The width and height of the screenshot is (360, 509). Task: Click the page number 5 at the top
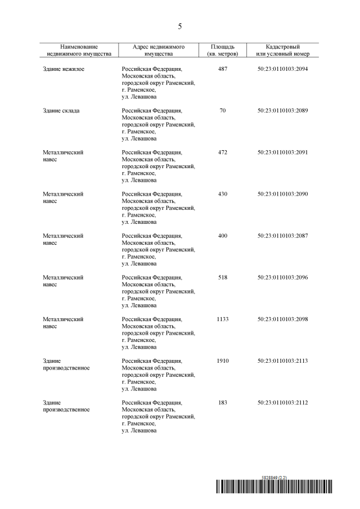[x=180, y=26]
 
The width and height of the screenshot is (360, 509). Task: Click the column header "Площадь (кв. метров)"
[x=222, y=50]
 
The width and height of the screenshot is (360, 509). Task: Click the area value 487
[x=222, y=69]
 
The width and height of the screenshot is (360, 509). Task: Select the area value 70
[x=222, y=111]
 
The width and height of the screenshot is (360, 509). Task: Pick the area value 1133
[x=222, y=319]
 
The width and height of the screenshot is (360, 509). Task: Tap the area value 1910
[x=222, y=361]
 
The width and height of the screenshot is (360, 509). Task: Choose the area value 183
[x=222, y=402]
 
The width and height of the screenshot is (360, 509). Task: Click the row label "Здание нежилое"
[x=64, y=69]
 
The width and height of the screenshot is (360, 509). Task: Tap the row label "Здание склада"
[x=61, y=111]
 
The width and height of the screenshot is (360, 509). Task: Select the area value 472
[x=222, y=152]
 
